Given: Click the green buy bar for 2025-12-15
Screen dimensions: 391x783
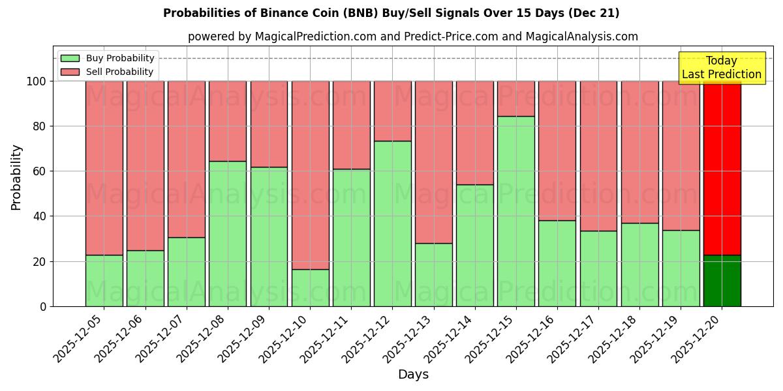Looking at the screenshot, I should (516, 211).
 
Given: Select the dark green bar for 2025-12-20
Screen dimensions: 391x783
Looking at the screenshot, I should (722, 281).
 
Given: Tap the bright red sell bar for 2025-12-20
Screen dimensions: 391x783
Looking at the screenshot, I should (722, 168).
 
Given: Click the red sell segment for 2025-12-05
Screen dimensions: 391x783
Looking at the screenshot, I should (104, 168).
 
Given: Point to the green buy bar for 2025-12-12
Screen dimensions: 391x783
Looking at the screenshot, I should (392, 224).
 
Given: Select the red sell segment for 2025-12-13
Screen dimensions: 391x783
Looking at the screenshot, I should (433, 162).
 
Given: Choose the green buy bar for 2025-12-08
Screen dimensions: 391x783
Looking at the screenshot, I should (228, 233).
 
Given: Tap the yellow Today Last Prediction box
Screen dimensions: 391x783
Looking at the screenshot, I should (721, 68).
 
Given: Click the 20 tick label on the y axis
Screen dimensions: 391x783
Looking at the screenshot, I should (40, 261).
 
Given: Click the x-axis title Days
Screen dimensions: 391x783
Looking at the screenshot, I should (413, 375).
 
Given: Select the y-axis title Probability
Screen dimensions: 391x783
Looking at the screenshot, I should (16, 177).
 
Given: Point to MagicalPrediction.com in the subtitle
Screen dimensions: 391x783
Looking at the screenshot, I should (316, 36).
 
